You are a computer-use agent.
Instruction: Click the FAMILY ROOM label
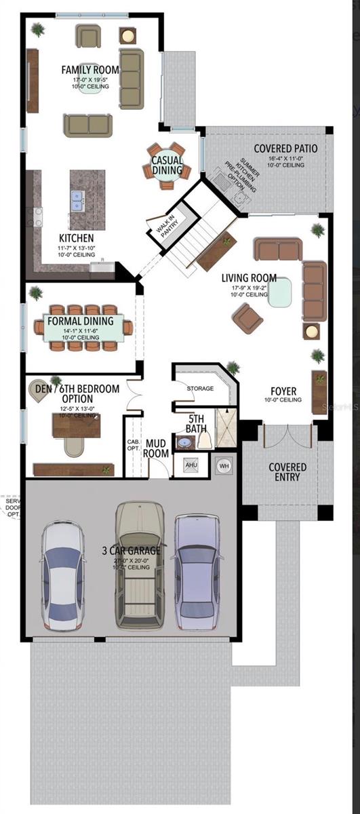(x=89, y=70)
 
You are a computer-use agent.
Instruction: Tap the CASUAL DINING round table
(x=167, y=166)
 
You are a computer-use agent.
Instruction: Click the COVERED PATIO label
(x=285, y=148)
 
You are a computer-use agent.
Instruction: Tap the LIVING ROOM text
(x=249, y=278)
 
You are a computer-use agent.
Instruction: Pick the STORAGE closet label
(x=200, y=389)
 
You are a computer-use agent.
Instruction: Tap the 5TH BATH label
(x=197, y=424)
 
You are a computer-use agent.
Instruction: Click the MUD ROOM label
(x=155, y=448)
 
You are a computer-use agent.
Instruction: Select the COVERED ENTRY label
(x=287, y=472)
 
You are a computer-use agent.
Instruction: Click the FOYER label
(x=283, y=391)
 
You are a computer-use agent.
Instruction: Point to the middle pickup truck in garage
(x=140, y=566)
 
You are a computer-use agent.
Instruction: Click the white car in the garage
(x=62, y=575)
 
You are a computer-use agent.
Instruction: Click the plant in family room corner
(x=38, y=29)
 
